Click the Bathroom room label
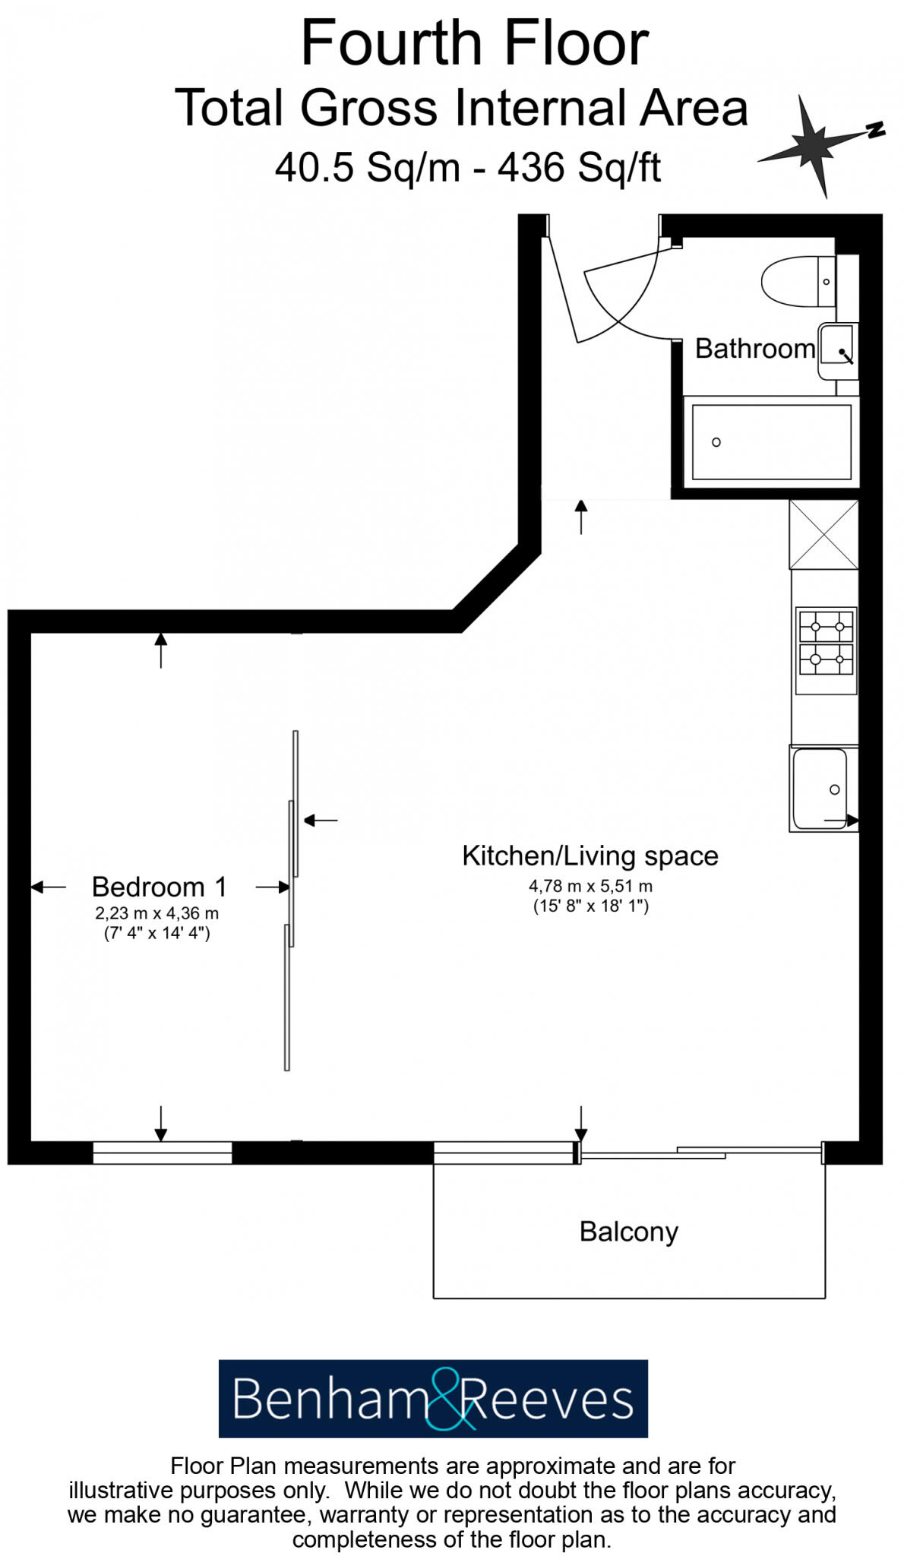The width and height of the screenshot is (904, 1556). (x=754, y=349)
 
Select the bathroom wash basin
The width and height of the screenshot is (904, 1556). (x=837, y=350)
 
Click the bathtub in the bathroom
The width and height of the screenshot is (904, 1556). (x=771, y=442)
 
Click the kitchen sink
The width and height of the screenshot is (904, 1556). (x=820, y=789)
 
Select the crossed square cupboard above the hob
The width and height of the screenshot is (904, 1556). (x=823, y=534)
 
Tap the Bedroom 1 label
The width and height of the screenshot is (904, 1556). (x=159, y=887)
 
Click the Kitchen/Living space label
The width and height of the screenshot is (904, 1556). (x=590, y=855)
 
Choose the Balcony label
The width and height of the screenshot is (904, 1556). (x=628, y=1232)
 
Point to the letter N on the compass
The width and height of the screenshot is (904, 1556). (x=877, y=129)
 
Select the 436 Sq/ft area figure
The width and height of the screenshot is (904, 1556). (x=579, y=167)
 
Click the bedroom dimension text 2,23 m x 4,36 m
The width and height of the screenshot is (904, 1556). (x=156, y=913)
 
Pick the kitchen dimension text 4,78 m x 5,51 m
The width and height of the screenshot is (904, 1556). (x=590, y=886)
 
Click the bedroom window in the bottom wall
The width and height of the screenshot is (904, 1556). (x=162, y=1153)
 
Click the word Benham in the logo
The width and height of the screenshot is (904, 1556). (x=328, y=1399)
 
